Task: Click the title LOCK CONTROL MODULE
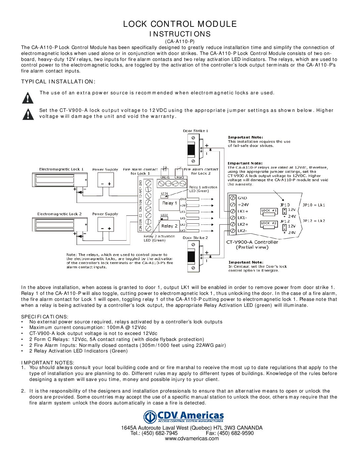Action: tap(180, 24)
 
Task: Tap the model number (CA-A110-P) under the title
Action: tap(180, 41)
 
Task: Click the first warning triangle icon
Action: tap(28, 98)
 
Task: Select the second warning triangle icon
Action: tap(28, 114)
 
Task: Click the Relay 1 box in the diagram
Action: tap(169, 203)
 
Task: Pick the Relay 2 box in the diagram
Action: tap(169, 226)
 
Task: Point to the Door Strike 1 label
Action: tap(195, 131)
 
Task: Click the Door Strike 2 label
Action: tap(195, 238)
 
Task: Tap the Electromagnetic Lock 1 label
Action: tap(61, 169)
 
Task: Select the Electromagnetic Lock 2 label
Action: tap(59, 214)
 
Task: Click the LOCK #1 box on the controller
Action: tap(269, 210)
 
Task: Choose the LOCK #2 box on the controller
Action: tap(269, 223)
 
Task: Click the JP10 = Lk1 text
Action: tap(314, 205)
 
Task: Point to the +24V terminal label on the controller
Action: tap(243, 205)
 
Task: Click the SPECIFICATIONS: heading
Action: tap(45, 316)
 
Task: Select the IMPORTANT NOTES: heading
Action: tap(48, 362)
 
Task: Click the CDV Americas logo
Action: tap(184, 417)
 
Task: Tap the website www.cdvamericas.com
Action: tap(192, 439)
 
